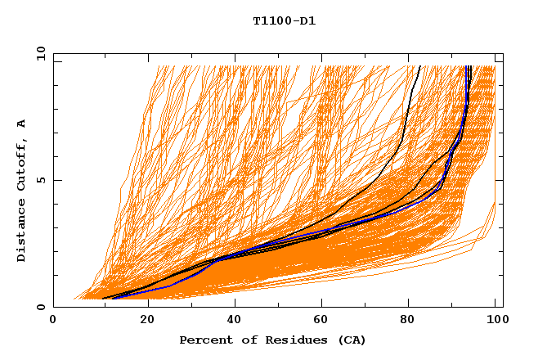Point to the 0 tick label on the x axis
53,321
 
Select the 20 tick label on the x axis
147,321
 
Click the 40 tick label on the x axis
235,321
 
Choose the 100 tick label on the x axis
495,321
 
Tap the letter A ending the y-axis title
21,124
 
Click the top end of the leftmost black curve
419,66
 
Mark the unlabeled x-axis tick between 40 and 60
280,306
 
